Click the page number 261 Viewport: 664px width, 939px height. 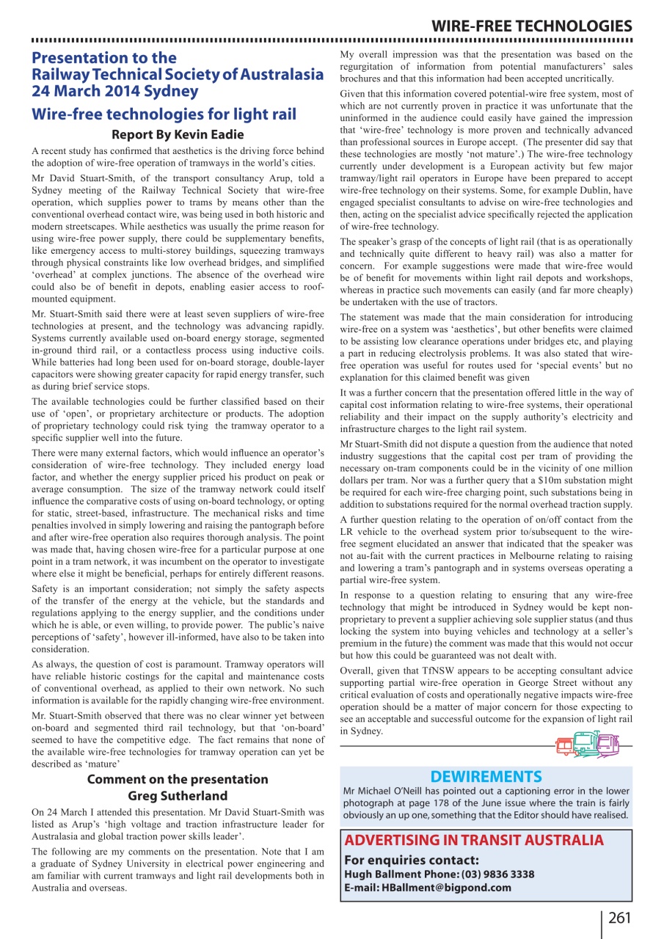619,918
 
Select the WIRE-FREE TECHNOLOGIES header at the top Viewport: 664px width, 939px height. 531,27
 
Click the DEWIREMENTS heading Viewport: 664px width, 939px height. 486,777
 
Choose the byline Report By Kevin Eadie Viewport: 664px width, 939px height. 178,135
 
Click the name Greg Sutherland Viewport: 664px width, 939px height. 178,796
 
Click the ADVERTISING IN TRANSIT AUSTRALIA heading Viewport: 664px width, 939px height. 474,841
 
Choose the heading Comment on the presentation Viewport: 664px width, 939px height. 178,779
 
